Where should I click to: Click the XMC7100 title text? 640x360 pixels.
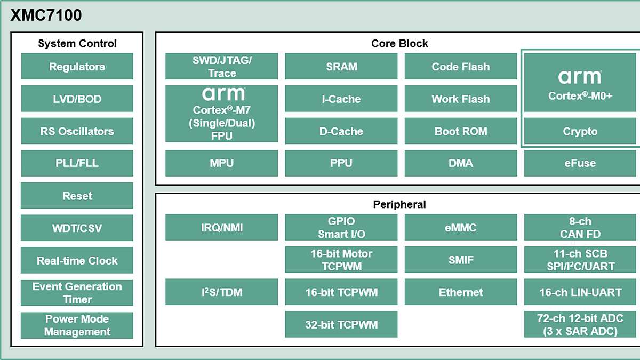(46, 15)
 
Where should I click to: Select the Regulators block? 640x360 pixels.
(77, 67)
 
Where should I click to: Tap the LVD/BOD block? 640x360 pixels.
(77, 99)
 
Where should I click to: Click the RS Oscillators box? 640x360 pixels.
(77, 131)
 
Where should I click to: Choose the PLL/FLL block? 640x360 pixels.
(77, 163)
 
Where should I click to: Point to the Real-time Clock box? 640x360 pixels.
(77, 261)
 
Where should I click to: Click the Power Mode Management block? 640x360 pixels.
(77, 325)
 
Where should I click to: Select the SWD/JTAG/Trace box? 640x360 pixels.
(221, 67)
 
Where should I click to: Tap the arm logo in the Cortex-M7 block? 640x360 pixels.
(223, 94)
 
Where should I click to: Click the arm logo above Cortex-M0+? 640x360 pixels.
(580, 77)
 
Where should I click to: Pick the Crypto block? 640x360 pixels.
(580, 131)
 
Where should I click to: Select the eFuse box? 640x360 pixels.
(580, 163)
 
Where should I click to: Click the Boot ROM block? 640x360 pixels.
(461, 131)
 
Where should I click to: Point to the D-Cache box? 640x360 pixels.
(341, 131)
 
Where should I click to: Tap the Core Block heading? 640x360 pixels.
(399, 43)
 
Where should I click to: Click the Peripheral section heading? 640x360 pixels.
(399, 204)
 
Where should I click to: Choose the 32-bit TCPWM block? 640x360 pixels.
(341, 325)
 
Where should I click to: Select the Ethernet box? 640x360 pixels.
(461, 292)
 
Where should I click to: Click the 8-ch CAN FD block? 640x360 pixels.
(580, 228)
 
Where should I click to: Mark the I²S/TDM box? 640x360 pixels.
(221, 292)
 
